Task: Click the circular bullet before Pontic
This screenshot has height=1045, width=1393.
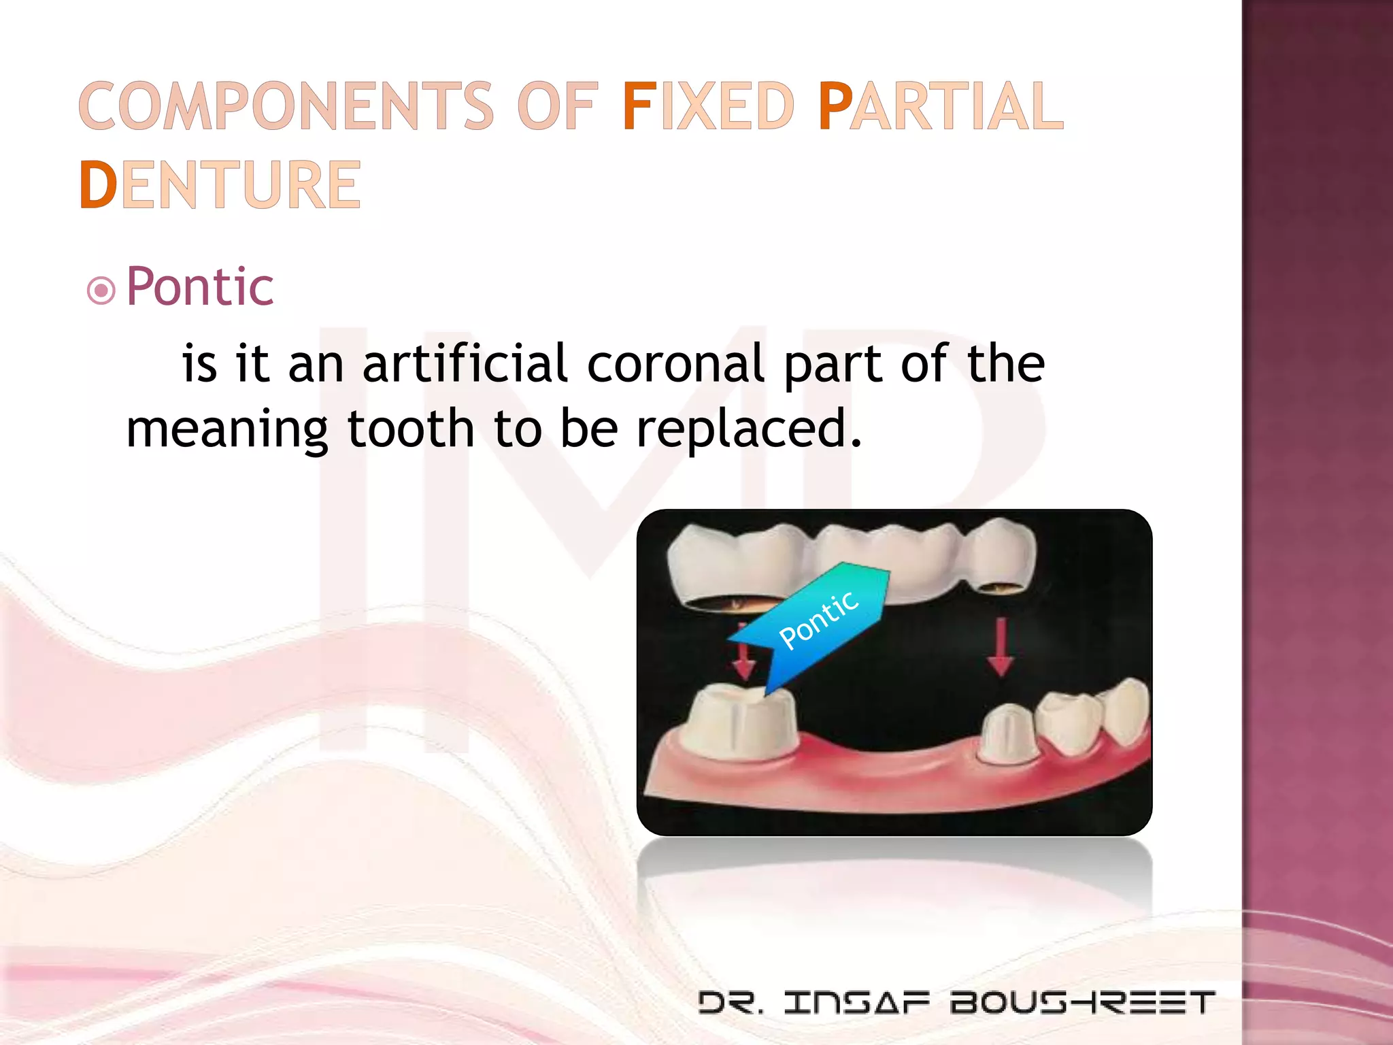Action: pos(101,291)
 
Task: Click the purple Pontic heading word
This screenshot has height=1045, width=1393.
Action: pos(200,286)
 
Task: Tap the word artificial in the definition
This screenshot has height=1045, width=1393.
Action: pos(465,363)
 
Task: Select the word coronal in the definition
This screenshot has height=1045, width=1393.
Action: pos(675,363)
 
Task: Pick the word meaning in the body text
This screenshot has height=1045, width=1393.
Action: pos(227,429)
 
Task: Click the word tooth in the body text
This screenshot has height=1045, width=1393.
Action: pos(411,429)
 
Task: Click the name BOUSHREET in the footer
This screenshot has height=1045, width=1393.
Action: pos(1082,1002)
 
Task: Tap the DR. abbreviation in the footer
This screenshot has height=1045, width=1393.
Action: pos(731,1002)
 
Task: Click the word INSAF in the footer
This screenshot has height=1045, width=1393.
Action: pos(856,1002)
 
